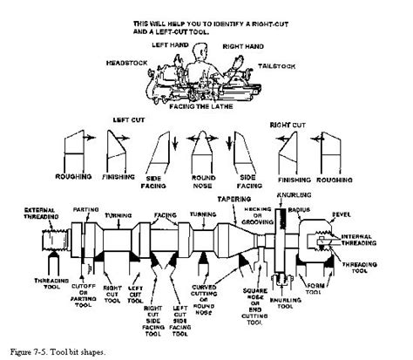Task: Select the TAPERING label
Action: (x=234, y=198)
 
